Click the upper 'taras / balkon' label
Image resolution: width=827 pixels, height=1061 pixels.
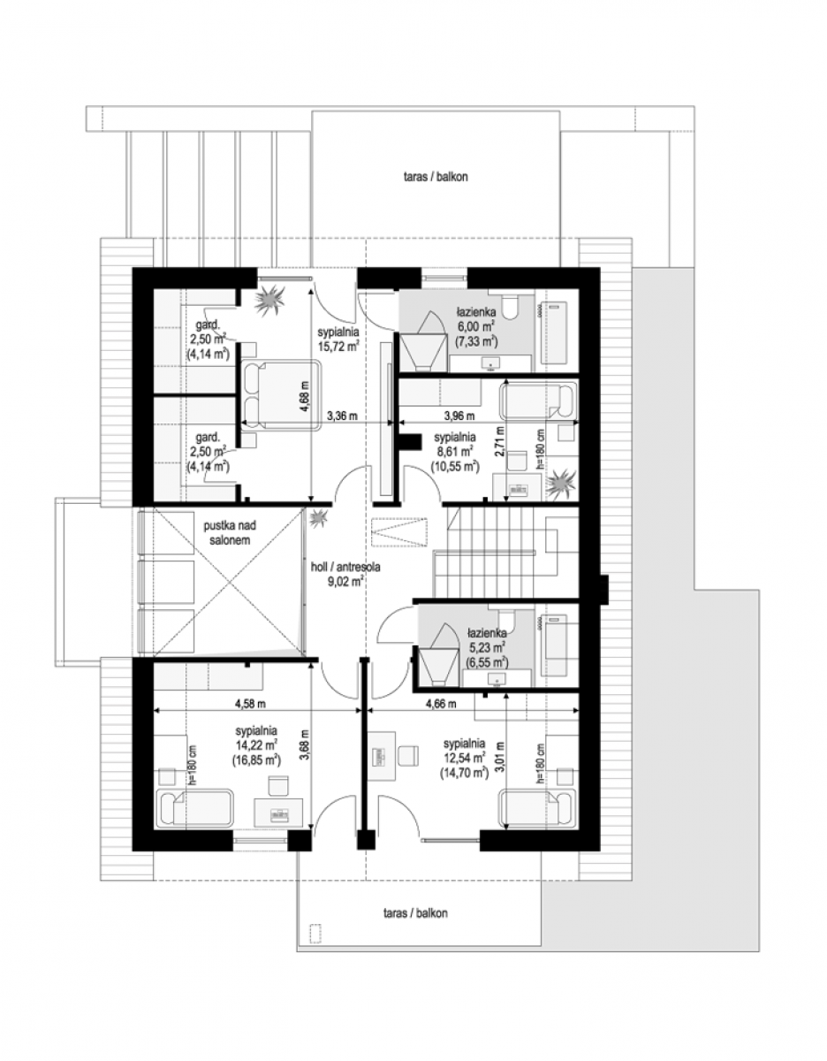pos(436,177)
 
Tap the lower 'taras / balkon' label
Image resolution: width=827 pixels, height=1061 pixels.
pos(415,913)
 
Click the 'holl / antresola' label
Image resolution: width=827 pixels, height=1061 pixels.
pos(345,567)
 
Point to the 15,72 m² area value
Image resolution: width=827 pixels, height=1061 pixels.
pos(338,347)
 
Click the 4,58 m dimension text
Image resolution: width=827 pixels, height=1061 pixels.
pos(250,704)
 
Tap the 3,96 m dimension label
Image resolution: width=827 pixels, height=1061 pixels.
pos(459,416)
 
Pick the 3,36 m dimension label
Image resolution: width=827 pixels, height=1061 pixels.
pos(342,416)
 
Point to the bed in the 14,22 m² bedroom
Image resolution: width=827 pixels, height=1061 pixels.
pos(194,807)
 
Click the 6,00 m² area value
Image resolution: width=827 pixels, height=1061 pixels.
pos(476,325)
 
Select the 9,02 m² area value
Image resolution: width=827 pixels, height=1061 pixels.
pos(347,581)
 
